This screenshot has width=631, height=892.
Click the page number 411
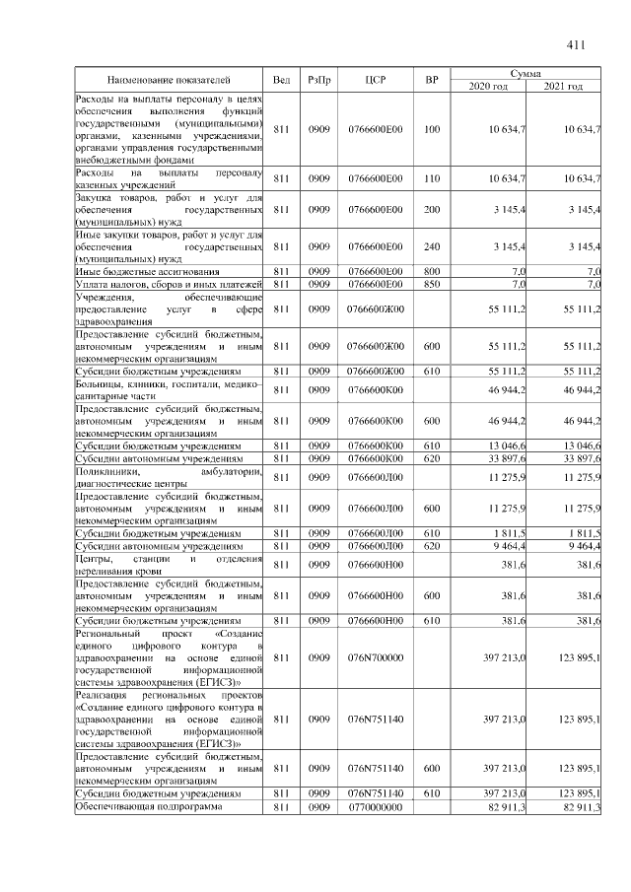click(577, 44)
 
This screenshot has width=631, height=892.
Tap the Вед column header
click(281, 80)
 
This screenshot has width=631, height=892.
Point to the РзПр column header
click(318, 80)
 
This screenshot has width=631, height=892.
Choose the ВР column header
click(431, 80)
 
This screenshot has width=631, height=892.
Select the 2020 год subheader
click(489, 87)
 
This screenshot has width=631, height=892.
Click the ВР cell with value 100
click(431, 130)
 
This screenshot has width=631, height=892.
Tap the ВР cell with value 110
click(431, 178)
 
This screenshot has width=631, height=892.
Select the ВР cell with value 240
click(431, 246)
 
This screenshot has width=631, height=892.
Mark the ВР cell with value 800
click(431, 271)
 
